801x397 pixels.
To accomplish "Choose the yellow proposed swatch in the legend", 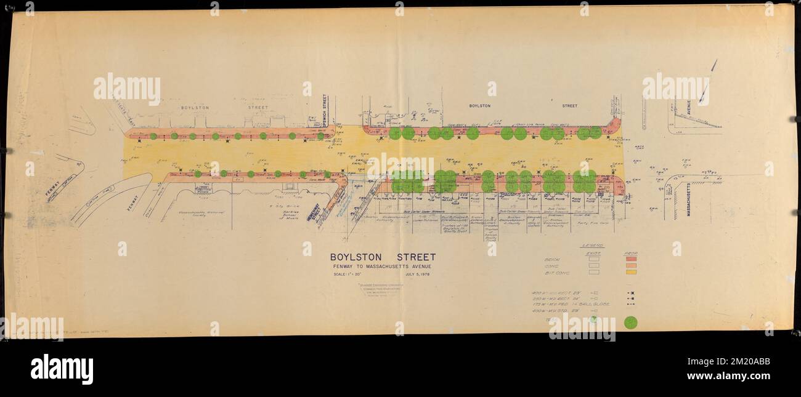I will click(x=630, y=272).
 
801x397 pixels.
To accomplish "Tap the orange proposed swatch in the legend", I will click(x=630, y=266).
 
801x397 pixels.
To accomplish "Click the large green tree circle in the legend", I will click(x=630, y=322).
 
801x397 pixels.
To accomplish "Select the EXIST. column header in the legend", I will click(x=593, y=253).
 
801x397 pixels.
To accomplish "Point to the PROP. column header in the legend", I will click(x=630, y=253).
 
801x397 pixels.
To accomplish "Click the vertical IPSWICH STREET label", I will click(x=325, y=111).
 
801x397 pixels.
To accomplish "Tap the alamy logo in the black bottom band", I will click(x=62, y=369).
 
